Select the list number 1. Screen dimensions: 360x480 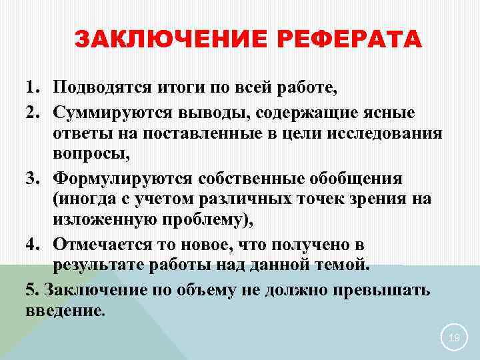coord(32,87)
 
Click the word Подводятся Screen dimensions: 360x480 coord(99,87)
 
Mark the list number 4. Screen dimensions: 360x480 coord(32,245)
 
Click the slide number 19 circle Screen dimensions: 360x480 coord(454,339)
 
